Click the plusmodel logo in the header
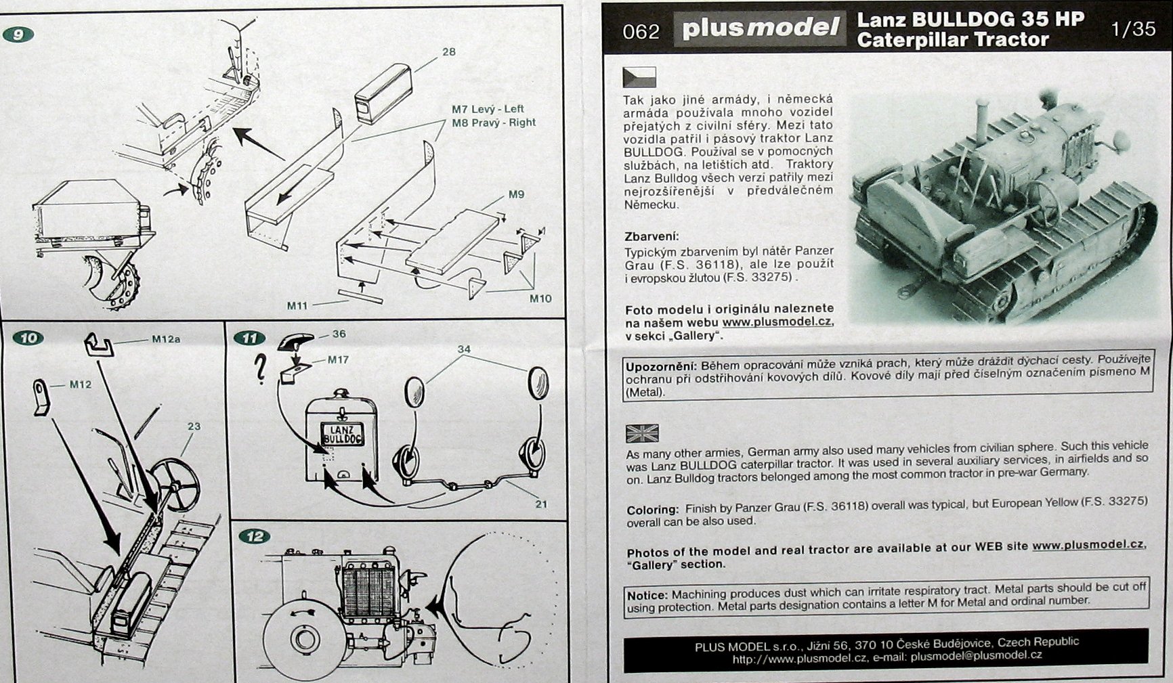pyautogui.click(x=759, y=28)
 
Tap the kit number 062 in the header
pyautogui.click(x=640, y=32)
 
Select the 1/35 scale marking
pyautogui.click(x=1133, y=29)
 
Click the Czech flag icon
pyautogui.click(x=639, y=76)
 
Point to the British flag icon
pyautogui.click(x=641, y=433)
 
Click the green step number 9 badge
pyautogui.click(x=18, y=34)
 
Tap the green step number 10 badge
pyautogui.click(x=28, y=338)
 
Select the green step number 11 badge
pyautogui.click(x=249, y=338)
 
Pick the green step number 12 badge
pyautogui.click(x=254, y=537)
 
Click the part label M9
pyautogui.click(x=516, y=195)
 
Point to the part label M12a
pyautogui.click(x=166, y=339)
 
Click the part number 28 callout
pyautogui.click(x=448, y=52)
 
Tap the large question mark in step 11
pyautogui.click(x=259, y=370)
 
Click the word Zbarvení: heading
pyautogui.click(x=651, y=236)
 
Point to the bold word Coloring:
pyautogui.click(x=652, y=510)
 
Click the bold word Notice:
pyautogui.click(x=647, y=596)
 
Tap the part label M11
pyautogui.click(x=297, y=306)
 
